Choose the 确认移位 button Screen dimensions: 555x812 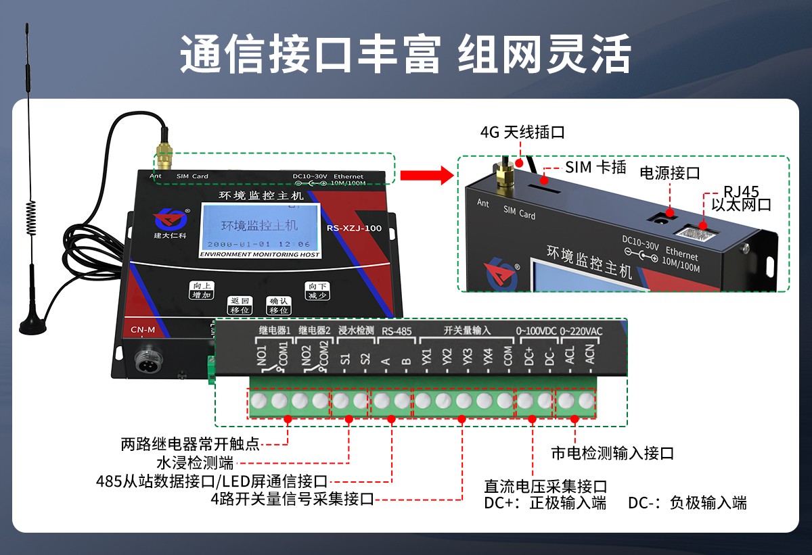pos(278,305)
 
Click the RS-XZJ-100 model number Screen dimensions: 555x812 pos(354,228)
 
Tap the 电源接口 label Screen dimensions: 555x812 pos(670,173)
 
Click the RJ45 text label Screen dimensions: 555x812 pos(741,191)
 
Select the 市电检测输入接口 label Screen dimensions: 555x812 pos(612,453)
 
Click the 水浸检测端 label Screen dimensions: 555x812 pos(195,463)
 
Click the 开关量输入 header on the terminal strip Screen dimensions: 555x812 pos(467,331)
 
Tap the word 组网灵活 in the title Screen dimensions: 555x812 pos(544,55)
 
